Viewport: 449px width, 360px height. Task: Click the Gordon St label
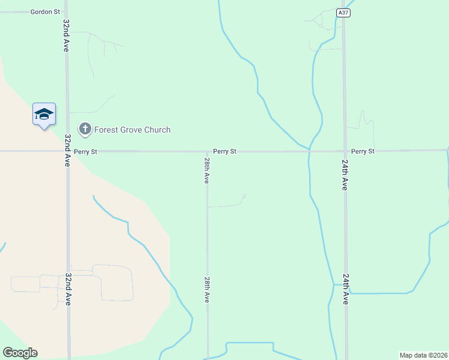click(46, 11)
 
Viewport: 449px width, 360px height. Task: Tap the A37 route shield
click(343, 13)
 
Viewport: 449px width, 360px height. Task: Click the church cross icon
click(85, 129)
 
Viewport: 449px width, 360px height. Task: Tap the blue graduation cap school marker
click(44, 114)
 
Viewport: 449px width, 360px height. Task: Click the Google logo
click(20, 353)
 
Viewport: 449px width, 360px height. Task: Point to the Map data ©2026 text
click(423, 355)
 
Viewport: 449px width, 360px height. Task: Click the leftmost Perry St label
click(86, 152)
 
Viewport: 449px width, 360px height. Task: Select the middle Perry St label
click(224, 152)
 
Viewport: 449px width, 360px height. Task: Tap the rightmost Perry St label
click(363, 152)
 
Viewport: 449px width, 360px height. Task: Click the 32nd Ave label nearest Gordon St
click(66, 35)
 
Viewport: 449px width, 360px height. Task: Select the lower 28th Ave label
click(206, 289)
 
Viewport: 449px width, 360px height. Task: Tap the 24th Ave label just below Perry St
click(345, 175)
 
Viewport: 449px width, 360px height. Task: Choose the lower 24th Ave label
click(345, 289)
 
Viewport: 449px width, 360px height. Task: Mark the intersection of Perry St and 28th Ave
click(207, 151)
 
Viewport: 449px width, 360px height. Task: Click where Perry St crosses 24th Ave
click(345, 151)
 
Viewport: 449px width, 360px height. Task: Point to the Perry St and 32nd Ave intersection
click(67, 151)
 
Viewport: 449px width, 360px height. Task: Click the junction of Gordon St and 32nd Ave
click(66, 11)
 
